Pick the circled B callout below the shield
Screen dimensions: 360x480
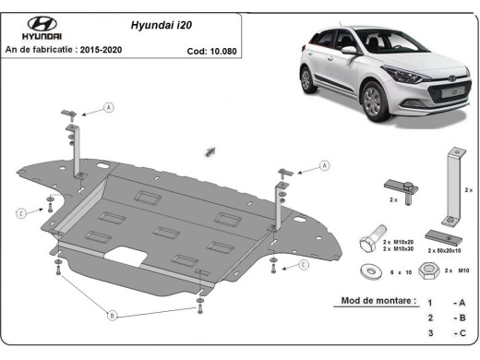click(112, 315)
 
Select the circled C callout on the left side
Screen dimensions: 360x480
click(19, 214)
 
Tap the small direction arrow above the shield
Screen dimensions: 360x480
click(210, 150)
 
